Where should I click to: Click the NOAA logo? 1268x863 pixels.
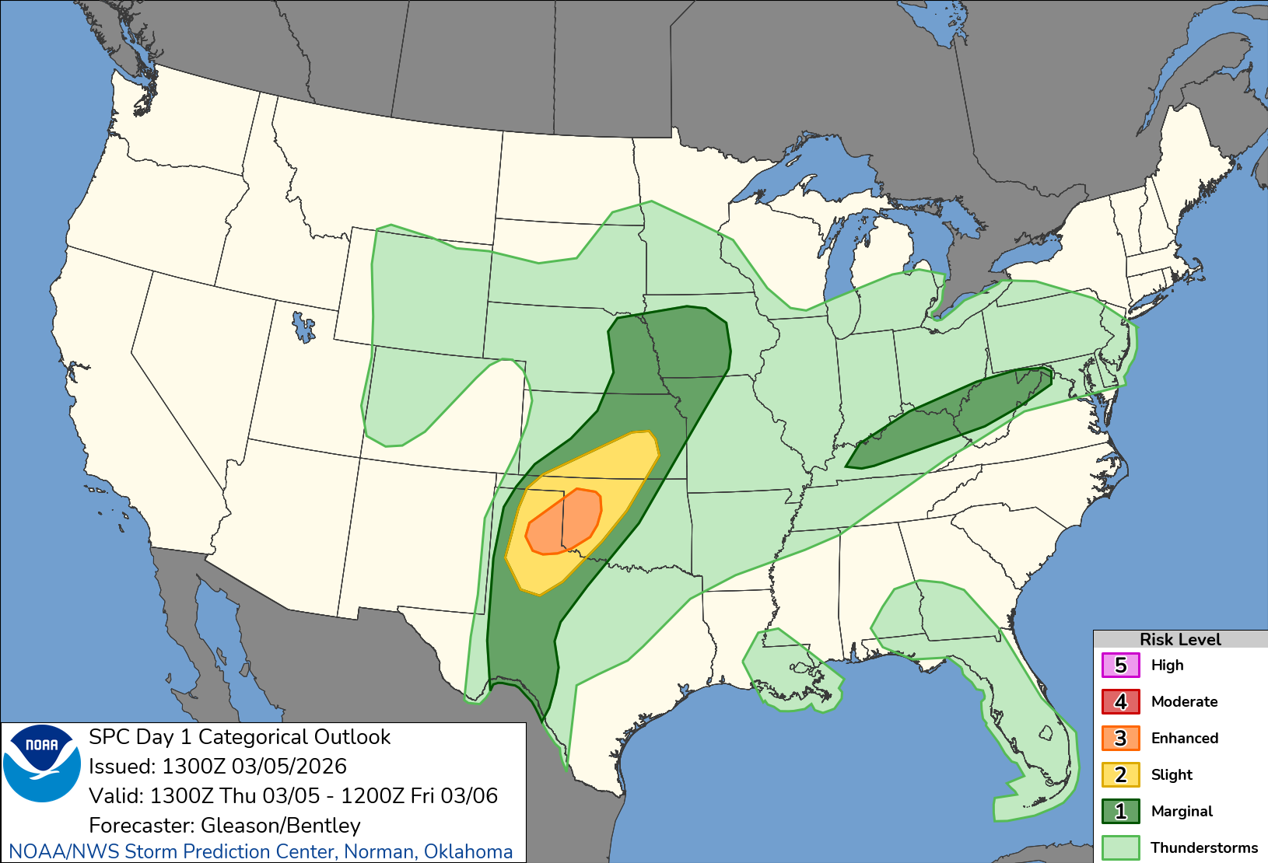(x=41, y=763)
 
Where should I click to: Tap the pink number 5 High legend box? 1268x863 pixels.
(x=1120, y=666)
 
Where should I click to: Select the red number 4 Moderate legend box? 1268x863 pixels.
(x=1120, y=702)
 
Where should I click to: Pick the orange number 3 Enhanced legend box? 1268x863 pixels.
(x=1120, y=739)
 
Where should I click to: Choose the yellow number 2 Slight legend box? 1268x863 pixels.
(x=1120, y=775)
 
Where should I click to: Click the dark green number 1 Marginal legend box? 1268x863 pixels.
(x=1120, y=812)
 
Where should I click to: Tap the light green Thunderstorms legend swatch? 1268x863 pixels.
(x=1120, y=847)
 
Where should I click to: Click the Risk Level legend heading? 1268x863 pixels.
(x=1179, y=639)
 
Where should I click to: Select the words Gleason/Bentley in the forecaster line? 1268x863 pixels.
(x=281, y=825)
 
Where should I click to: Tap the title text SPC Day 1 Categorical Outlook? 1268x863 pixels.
(x=240, y=737)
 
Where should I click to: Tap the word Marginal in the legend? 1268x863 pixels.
(x=1182, y=812)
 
